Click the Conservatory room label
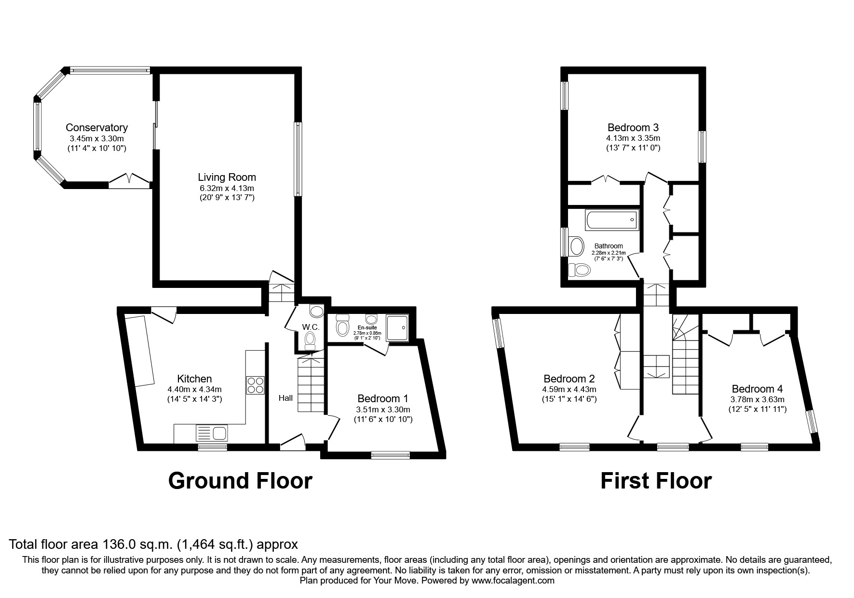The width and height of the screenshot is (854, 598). point(96,128)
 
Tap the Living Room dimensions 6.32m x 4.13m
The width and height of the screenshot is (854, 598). point(227,188)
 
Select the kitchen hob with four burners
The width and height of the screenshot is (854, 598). point(255,385)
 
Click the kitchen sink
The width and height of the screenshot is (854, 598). point(212,433)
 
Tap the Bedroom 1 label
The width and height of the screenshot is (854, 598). point(383,398)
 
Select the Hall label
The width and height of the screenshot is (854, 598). point(285,398)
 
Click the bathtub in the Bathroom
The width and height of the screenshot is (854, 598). point(611,220)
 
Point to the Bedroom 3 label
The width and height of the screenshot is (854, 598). point(633,128)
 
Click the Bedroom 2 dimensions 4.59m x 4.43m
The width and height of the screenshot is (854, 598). point(569,389)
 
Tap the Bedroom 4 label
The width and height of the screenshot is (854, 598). point(757,389)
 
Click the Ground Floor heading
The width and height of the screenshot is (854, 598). point(240,481)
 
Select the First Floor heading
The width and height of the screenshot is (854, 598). point(655,481)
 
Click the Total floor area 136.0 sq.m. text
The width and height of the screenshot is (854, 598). point(153,544)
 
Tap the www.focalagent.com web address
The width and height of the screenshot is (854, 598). point(513,581)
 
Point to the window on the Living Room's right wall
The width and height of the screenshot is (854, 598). point(298,159)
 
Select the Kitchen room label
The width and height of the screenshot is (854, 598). point(194,379)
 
